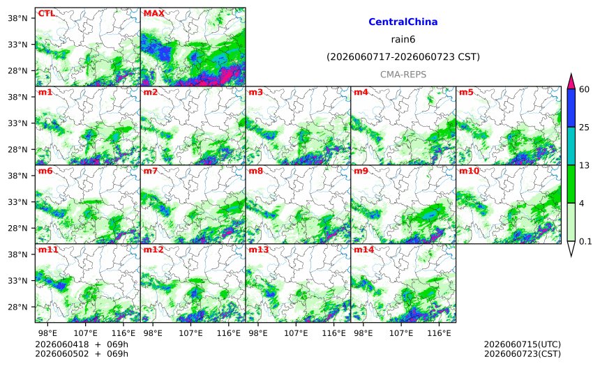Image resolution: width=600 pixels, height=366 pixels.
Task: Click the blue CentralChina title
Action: coord(403,22)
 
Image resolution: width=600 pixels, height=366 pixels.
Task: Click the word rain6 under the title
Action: coord(403,40)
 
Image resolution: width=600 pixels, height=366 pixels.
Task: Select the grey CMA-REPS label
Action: coord(403,75)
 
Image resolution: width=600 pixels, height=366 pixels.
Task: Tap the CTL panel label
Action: coord(46,13)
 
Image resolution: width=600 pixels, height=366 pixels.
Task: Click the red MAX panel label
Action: coord(153,13)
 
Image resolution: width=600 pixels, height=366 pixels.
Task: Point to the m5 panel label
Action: coord(466,92)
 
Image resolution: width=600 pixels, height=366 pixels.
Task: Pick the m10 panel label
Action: coord(469,171)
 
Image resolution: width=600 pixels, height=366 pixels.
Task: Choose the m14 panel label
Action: coord(363,250)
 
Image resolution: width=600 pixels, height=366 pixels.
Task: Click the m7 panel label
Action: coord(151,171)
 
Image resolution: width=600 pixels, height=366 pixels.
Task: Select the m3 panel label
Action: coord(255,92)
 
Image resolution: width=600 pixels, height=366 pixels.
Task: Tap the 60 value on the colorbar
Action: coord(584,89)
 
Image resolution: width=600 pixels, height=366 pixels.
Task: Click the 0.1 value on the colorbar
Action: coord(585,241)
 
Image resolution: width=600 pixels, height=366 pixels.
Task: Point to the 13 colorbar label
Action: coord(584,165)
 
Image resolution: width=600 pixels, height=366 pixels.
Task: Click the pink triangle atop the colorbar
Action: coord(571,82)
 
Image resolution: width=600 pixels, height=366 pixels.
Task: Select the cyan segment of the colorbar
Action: coord(571,146)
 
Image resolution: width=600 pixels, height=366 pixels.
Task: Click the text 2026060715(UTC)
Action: coord(523,344)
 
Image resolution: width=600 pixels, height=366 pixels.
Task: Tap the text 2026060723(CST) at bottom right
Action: coord(523,353)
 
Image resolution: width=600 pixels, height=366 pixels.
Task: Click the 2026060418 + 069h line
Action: coord(82,344)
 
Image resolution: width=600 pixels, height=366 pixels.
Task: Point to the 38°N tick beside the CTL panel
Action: coord(17,18)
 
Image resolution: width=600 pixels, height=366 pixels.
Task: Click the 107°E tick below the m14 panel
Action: coord(401,333)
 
